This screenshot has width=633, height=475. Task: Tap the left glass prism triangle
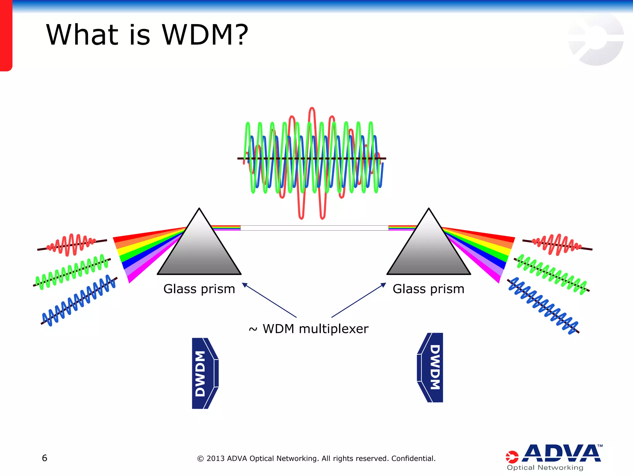point(199,250)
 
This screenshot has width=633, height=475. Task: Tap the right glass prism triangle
point(429,250)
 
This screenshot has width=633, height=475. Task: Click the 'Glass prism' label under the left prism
point(199,289)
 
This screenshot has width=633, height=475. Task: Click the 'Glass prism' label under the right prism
point(428,289)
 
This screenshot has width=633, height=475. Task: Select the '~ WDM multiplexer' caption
point(308,329)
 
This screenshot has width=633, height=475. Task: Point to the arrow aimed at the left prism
point(269,300)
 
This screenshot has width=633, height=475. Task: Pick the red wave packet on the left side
point(72,245)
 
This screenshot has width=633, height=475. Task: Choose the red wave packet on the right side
point(558,245)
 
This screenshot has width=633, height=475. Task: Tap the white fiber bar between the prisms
point(314,228)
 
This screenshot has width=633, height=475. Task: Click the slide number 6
point(45,458)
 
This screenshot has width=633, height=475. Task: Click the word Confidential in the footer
point(413,458)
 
